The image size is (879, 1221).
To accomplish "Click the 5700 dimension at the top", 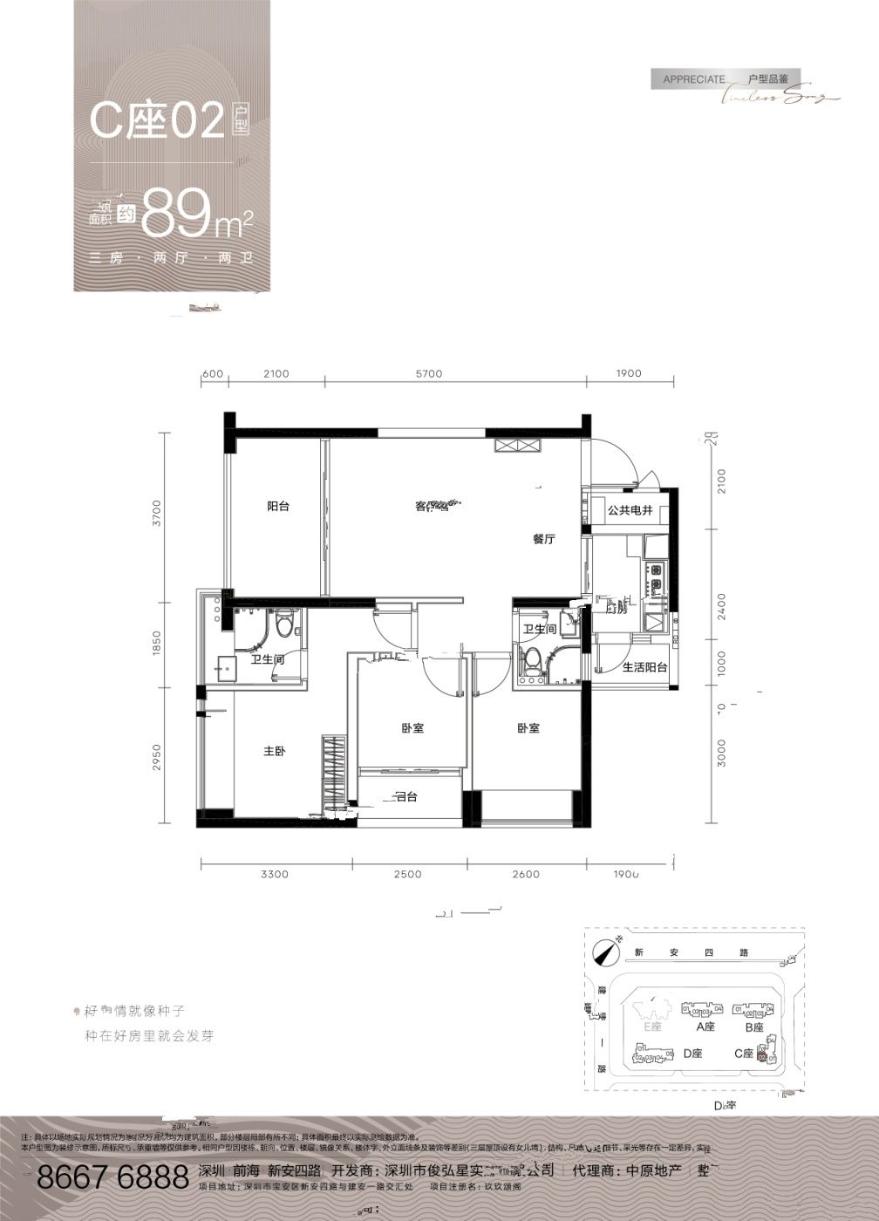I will click(429, 373).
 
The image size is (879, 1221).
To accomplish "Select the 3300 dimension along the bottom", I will click(274, 874).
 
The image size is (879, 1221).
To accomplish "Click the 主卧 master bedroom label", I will click(275, 751).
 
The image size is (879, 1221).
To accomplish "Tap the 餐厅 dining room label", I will click(544, 540).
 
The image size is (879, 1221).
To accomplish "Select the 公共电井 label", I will click(630, 510).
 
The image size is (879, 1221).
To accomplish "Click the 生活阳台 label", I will click(644, 667).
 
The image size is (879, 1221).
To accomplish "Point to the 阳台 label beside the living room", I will click(278, 506).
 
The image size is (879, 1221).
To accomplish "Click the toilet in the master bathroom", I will click(284, 626).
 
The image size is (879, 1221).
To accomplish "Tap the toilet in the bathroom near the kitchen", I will click(528, 660).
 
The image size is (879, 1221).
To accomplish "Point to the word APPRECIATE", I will click(694, 79).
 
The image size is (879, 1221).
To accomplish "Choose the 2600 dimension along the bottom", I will click(526, 874).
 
